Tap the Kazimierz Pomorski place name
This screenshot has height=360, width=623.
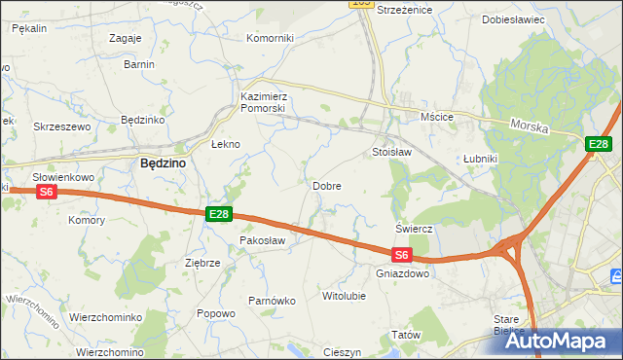point(263,102)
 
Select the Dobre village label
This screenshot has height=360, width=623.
point(326,185)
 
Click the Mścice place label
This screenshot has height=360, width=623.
point(437,117)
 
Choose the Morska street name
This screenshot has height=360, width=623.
point(531,127)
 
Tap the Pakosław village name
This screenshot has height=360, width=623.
point(261,239)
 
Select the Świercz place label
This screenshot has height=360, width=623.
point(414,229)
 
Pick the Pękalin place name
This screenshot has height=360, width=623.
point(29,29)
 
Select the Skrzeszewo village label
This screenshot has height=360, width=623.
point(61,126)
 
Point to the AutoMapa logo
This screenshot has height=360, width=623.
point(552,342)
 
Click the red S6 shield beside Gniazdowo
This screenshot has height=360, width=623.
point(402,255)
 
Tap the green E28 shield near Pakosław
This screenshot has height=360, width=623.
point(218,214)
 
